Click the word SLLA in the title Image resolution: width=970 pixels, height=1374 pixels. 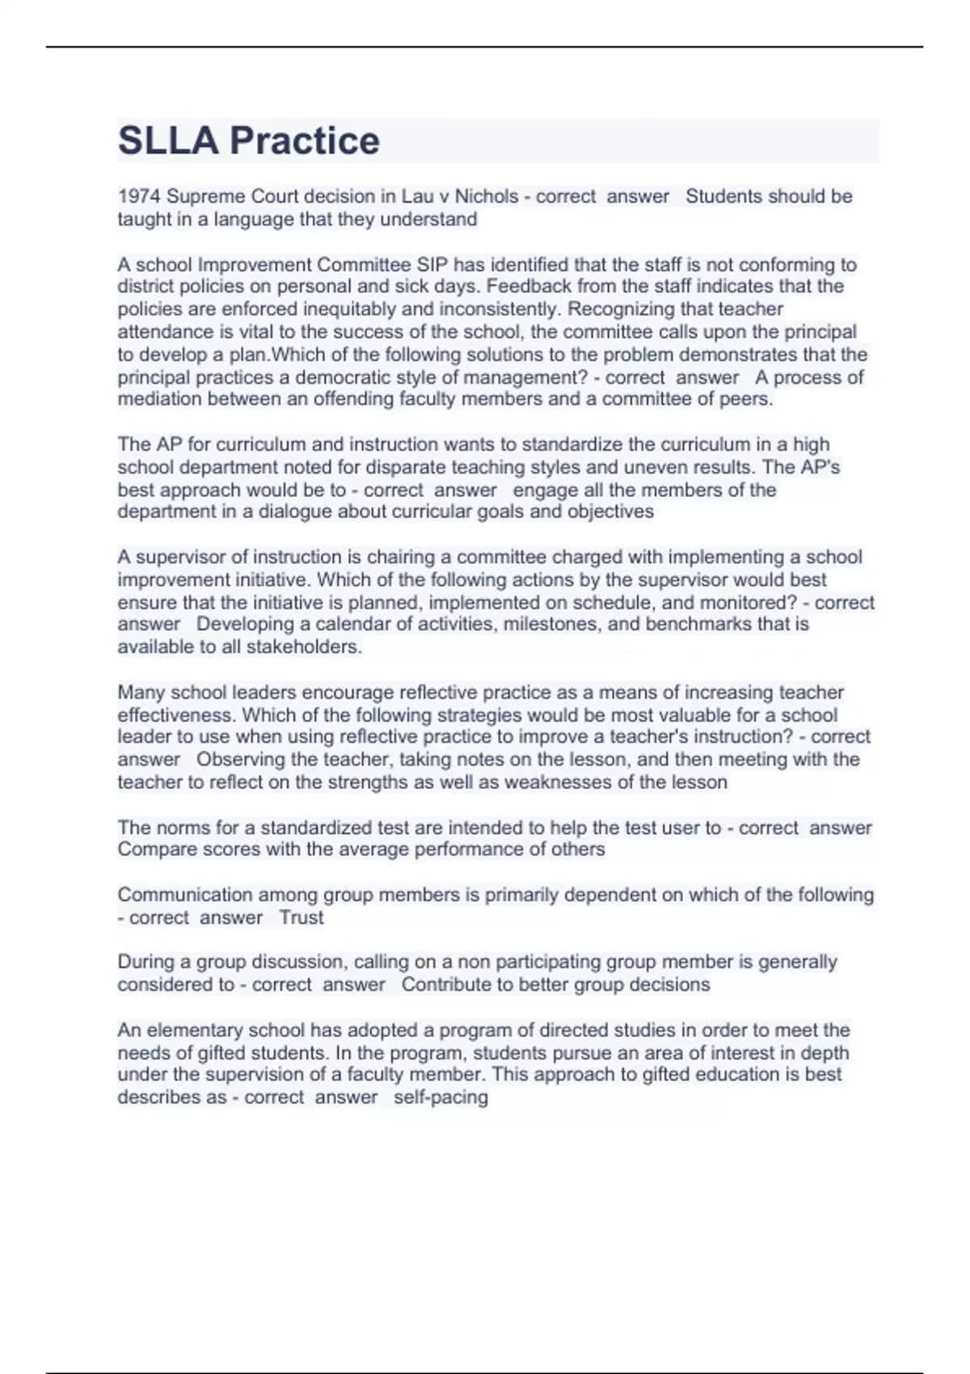(168, 141)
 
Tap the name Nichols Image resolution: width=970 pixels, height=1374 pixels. (487, 196)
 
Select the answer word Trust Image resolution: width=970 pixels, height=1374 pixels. (302, 917)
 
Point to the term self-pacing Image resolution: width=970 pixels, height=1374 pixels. (441, 1098)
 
